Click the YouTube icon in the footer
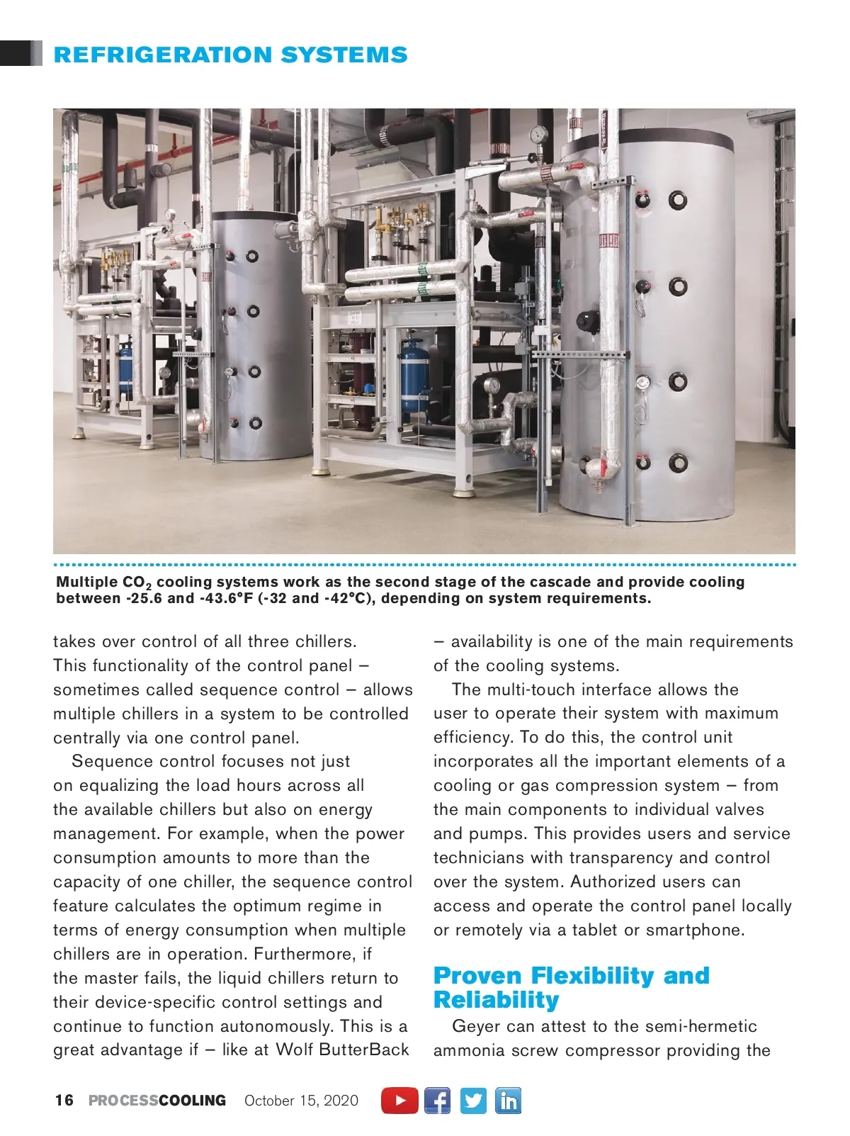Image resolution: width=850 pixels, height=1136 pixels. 400,1101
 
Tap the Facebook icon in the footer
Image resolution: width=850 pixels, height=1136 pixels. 437,1101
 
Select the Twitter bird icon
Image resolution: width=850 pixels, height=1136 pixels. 473,1101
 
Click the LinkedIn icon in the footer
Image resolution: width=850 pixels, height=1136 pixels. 508,1101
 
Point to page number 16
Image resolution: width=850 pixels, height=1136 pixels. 64,1101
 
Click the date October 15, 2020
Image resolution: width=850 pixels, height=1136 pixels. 301,1101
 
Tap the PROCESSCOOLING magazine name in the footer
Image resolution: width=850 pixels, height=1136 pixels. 157,1101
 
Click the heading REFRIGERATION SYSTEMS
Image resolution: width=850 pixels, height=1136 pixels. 230,55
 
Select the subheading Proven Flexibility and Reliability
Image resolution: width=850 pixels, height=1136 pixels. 571,988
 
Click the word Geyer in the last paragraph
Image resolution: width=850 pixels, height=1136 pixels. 476,1026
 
